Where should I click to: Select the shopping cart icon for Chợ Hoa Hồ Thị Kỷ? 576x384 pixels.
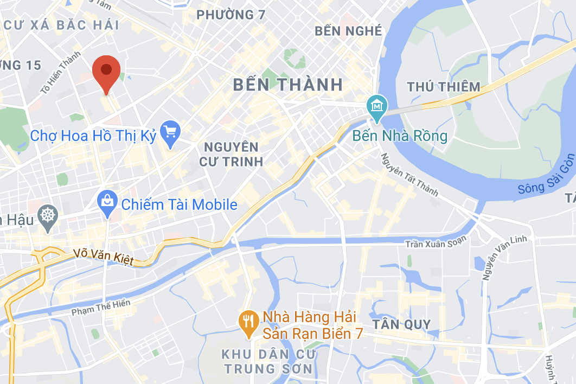tap(170, 133)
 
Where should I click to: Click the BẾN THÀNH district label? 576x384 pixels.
tap(288, 84)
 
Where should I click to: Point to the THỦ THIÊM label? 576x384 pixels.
tap(444, 86)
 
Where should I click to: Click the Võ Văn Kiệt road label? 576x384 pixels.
tap(103, 257)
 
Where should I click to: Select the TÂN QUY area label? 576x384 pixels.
tap(402, 325)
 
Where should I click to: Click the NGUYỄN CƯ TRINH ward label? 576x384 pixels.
tap(231, 153)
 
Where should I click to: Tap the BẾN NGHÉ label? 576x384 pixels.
tap(348, 31)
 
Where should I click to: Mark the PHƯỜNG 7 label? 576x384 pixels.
tap(231, 15)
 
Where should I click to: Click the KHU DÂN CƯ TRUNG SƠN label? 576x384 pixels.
tap(267, 361)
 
